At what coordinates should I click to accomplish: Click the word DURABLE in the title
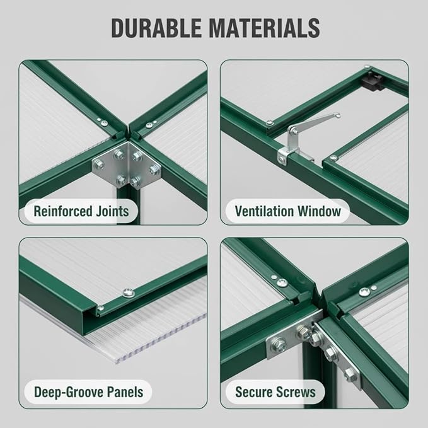[x=156, y=28]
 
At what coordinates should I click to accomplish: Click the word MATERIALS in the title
[x=264, y=28]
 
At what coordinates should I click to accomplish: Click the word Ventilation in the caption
[x=264, y=211]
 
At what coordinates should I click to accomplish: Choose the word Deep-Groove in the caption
[x=69, y=392]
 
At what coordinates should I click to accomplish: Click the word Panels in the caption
[x=125, y=391]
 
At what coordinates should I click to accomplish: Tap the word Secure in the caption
[x=253, y=392]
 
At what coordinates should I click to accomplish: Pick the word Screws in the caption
[x=296, y=392]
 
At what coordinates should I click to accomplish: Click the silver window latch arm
[x=314, y=122]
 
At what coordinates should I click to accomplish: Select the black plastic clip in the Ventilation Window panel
[x=371, y=81]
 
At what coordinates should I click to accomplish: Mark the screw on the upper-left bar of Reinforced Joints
[x=104, y=124]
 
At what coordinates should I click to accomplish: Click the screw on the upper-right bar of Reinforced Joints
[x=149, y=125]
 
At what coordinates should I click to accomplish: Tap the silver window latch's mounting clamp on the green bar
[x=284, y=156]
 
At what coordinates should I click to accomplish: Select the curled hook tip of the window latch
[x=338, y=115]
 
